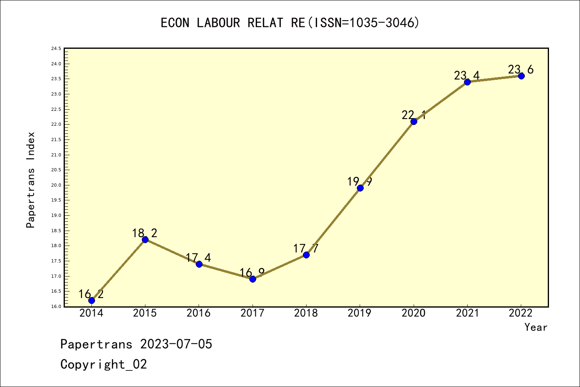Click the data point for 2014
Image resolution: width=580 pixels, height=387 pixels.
click(x=91, y=300)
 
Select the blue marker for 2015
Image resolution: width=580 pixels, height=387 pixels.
click(x=145, y=239)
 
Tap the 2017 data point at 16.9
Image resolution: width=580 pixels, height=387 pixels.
click(x=253, y=279)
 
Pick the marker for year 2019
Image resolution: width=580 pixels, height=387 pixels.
click(x=360, y=188)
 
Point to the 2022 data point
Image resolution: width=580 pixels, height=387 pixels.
click(x=521, y=76)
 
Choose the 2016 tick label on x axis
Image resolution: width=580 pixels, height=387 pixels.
click(x=199, y=313)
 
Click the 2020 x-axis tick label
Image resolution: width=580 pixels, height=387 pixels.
click(x=413, y=313)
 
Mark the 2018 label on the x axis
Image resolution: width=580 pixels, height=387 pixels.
click(x=306, y=313)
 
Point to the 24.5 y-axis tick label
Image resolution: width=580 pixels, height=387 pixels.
click(x=56, y=49)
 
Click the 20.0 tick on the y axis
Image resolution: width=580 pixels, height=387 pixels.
click(x=56, y=185)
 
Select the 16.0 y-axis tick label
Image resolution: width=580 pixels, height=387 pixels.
click(x=56, y=306)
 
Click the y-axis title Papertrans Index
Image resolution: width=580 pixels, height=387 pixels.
click(x=31, y=180)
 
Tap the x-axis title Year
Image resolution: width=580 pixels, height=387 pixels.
click(x=536, y=327)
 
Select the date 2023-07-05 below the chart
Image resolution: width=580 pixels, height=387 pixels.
click(x=176, y=344)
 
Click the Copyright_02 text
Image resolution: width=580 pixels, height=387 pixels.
click(x=104, y=364)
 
